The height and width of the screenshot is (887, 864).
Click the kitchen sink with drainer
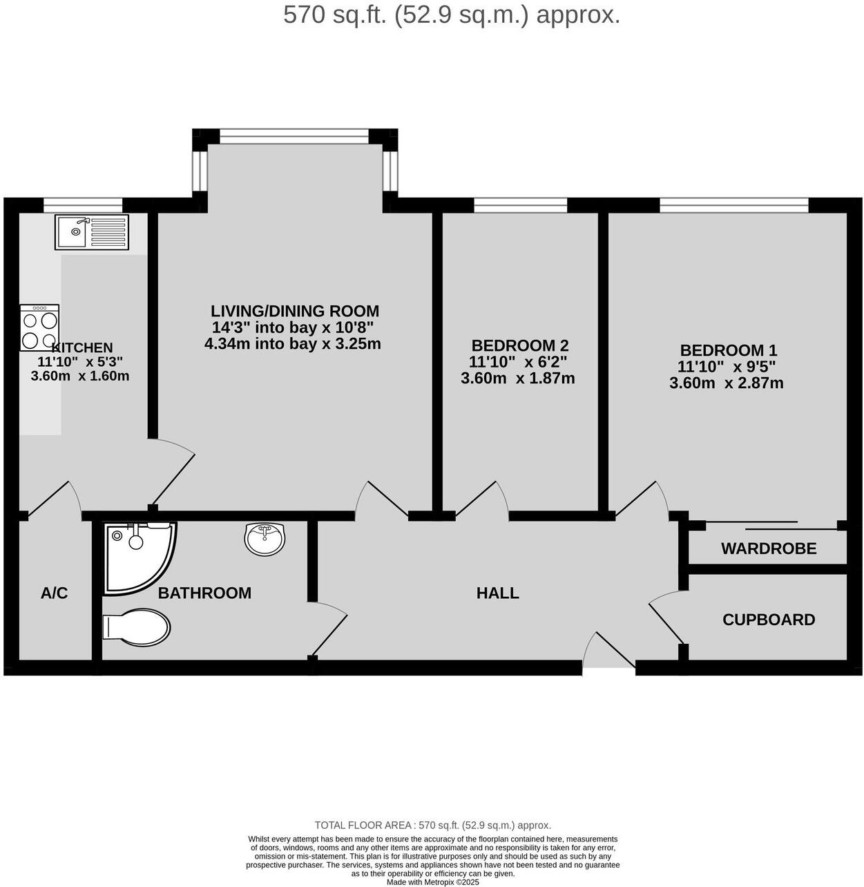coord(91,231)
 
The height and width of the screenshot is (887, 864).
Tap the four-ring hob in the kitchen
coord(39,327)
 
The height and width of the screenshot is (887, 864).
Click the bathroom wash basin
coord(265,539)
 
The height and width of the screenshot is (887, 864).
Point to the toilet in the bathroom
coord(137,627)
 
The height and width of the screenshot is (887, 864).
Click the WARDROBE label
coord(769,549)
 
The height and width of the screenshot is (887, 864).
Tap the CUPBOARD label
coord(769,620)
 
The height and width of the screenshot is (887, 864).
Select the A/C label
coord(55,593)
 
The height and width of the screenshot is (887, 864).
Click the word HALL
coord(497,593)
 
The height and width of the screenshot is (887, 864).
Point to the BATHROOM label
coord(204,593)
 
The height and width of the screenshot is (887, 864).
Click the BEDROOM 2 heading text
coord(519,345)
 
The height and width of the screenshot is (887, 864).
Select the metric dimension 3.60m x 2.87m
coord(727,383)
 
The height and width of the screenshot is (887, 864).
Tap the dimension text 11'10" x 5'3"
coord(80,361)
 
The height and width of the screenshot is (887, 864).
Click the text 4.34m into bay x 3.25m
coord(293,343)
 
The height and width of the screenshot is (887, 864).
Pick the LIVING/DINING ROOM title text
coord(295,311)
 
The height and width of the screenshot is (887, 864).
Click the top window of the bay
coord(294,136)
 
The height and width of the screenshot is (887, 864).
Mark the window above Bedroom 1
coord(733,204)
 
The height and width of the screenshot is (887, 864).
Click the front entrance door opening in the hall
coord(608,665)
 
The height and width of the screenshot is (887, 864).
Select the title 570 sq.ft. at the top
coord(452,15)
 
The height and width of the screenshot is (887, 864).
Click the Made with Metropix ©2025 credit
coord(432,881)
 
